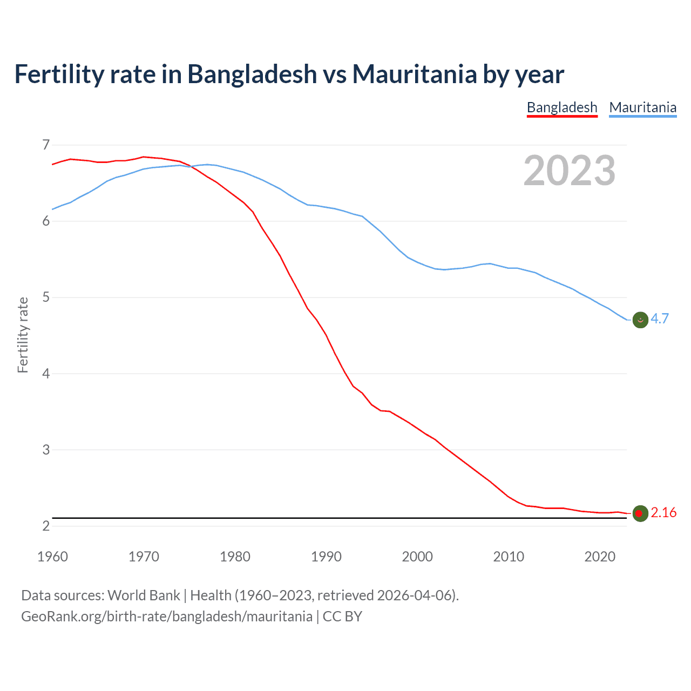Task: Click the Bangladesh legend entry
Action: [562, 107]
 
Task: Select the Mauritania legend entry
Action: [642, 107]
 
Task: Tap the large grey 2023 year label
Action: [569, 171]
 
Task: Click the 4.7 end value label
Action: [660, 319]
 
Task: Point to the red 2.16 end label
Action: [663, 512]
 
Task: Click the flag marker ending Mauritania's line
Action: [640, 320]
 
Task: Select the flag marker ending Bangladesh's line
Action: [640, 513]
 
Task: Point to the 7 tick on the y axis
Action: [46, 145]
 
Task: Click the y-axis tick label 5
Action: [46, 297]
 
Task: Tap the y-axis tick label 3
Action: [46, 450]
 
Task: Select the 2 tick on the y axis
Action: [46, 526]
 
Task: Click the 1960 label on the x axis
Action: [52, 557]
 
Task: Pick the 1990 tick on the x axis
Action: [326, 557]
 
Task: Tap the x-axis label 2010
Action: [509, 557]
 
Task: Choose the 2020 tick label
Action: [600, 557]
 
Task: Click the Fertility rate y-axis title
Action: [23, 335]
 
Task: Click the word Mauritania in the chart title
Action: [415, 74]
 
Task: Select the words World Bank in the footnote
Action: [144, 595]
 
